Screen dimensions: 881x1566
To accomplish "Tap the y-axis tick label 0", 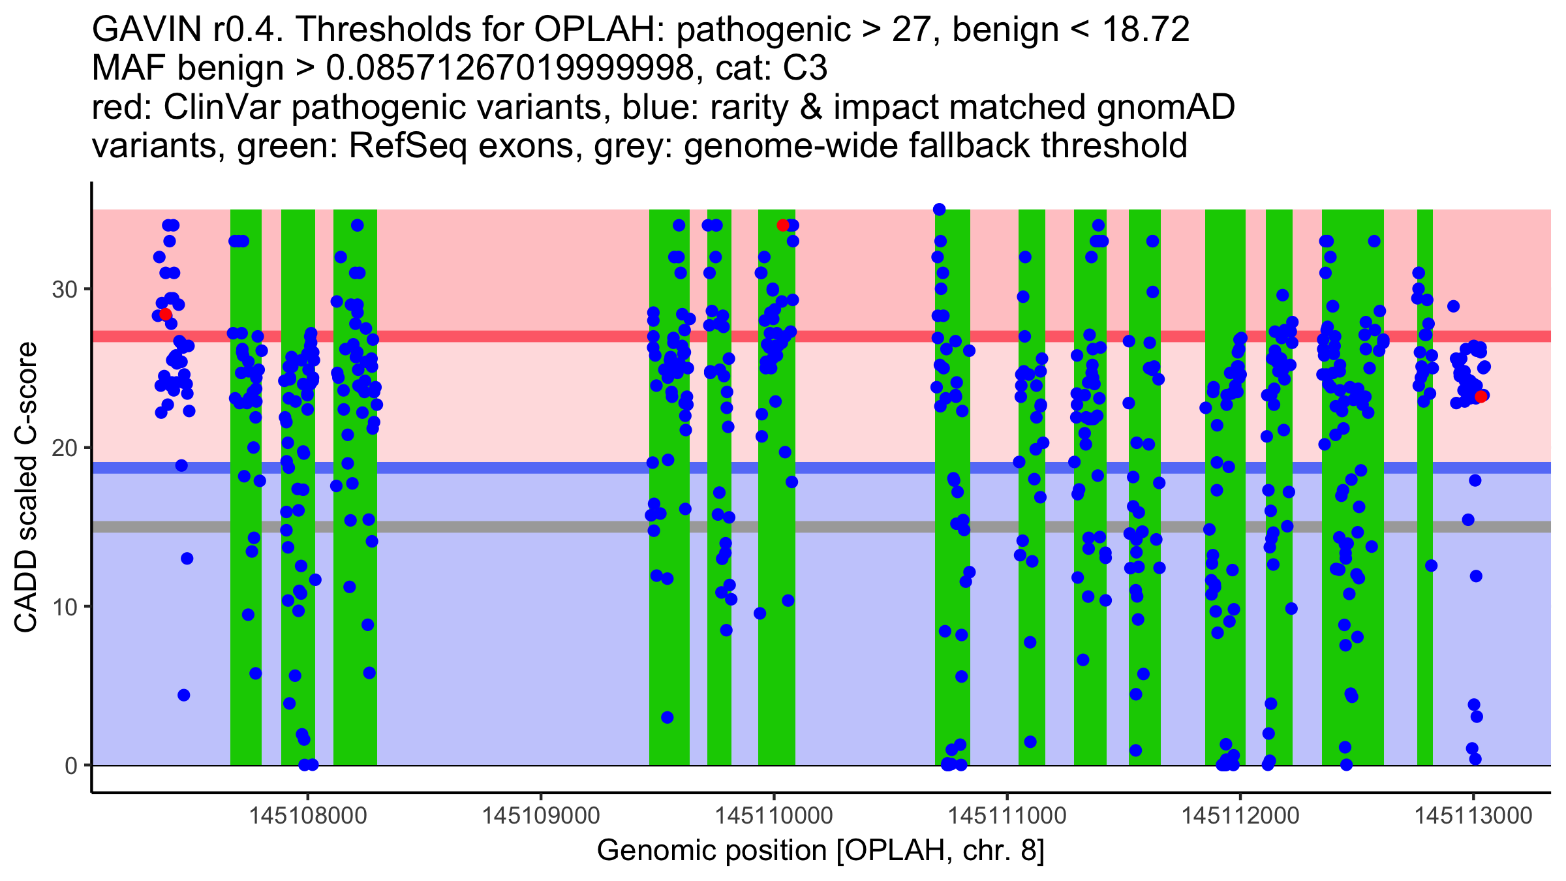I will (x=70, y=765).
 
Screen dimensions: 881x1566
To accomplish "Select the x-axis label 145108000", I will (x=308, y=816).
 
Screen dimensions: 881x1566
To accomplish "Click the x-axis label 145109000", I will (x=541, y=816).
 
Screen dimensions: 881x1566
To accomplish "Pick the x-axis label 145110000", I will (x=774, y=816).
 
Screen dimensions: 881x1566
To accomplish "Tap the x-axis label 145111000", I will (x=1007, y=816).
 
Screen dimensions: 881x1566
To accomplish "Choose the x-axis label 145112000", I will (x=1240, y=816).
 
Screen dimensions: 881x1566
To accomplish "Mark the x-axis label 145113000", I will (x=1473, y=816).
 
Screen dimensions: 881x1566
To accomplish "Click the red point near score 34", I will (x=783, y=225).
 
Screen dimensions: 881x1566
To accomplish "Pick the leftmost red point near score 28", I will (x=166, y=315).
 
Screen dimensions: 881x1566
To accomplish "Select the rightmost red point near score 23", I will (x=1481, y=396).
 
